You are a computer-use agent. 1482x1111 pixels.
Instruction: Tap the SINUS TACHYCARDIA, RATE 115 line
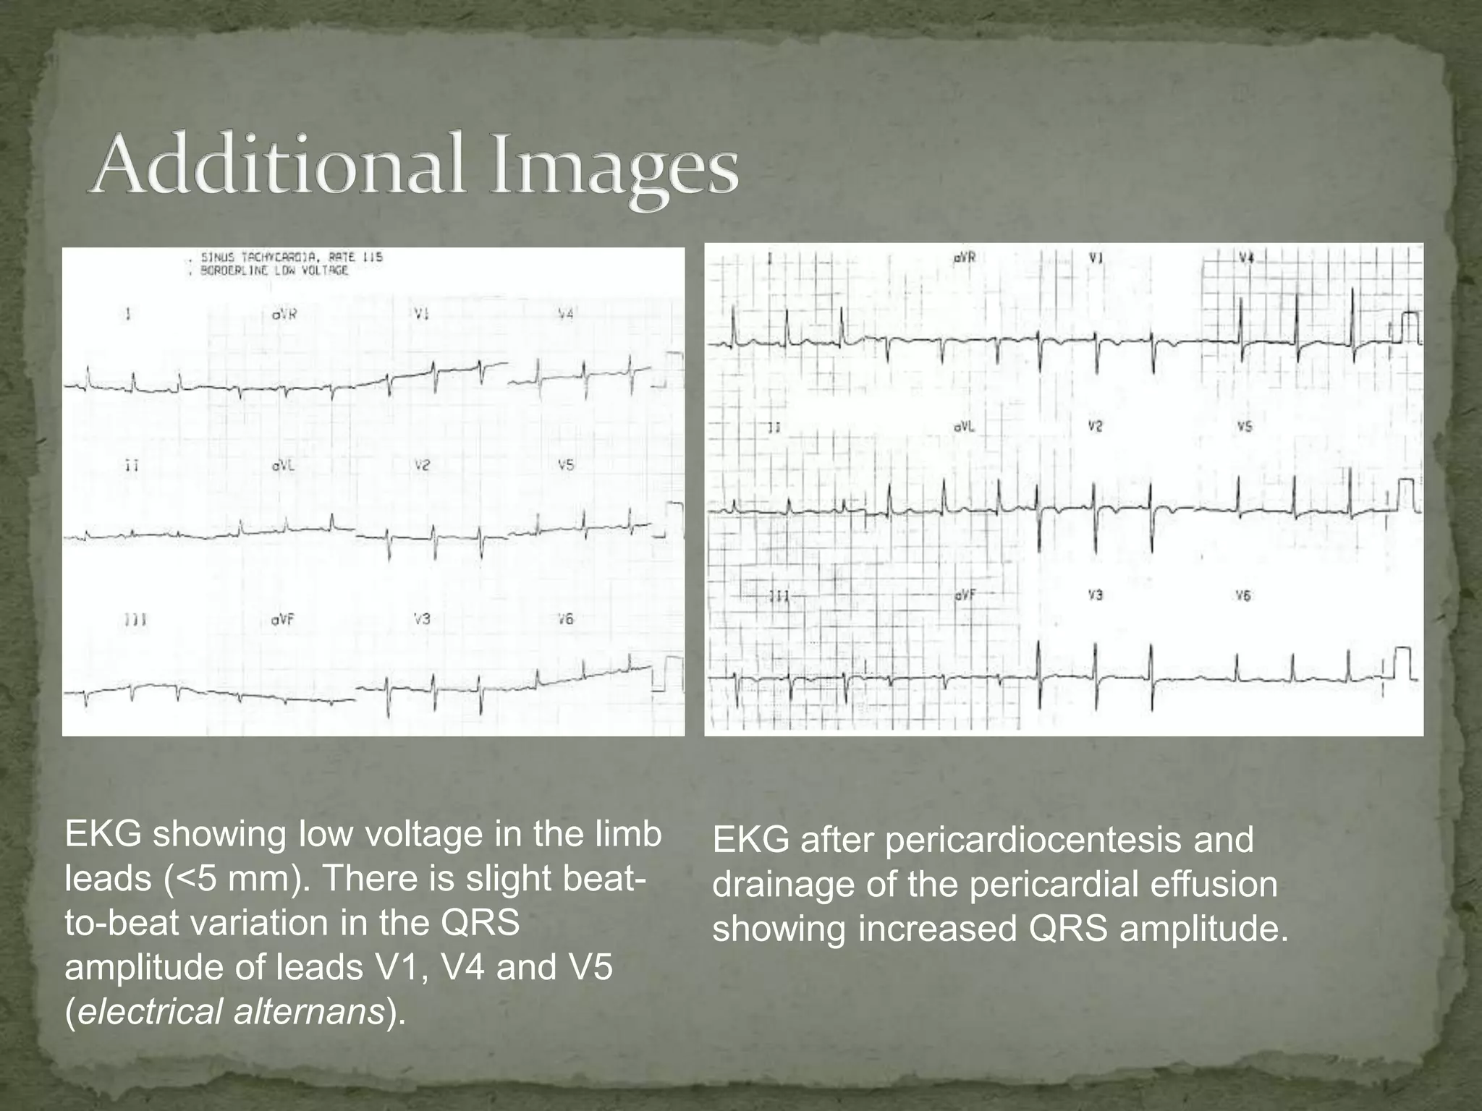tap(292, 257)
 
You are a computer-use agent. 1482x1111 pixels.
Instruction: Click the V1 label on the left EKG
tap(422, 314)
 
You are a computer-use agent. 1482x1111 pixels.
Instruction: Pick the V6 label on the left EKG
tap(566, 619)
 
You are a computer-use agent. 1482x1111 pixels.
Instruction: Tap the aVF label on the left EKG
tap(283, 620)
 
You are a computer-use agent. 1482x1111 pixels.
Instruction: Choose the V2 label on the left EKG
tap(422, 466)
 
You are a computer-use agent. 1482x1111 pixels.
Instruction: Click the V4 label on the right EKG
tap(1245, 257)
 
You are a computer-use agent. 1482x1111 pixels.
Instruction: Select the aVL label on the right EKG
tap(965, 427)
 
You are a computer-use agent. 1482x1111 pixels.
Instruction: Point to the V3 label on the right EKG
tap(1096, 595)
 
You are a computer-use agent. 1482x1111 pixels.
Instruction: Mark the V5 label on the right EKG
tap(1245, 427)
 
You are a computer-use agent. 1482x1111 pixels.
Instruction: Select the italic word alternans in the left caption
tap(309, 1011)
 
